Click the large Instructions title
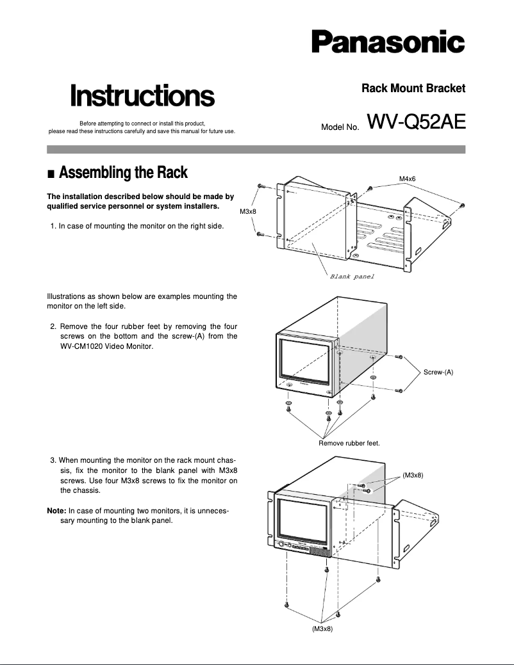142,96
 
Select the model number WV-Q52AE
416,122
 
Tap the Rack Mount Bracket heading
413,88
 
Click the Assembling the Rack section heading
123,173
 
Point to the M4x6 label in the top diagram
408,178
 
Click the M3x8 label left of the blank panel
248,211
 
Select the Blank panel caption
351,276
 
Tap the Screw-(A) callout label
438,372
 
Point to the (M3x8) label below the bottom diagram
322,629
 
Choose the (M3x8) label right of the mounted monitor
413,475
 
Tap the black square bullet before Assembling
51,174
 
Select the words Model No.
340,127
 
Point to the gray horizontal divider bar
256,149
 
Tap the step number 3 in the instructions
52,460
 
